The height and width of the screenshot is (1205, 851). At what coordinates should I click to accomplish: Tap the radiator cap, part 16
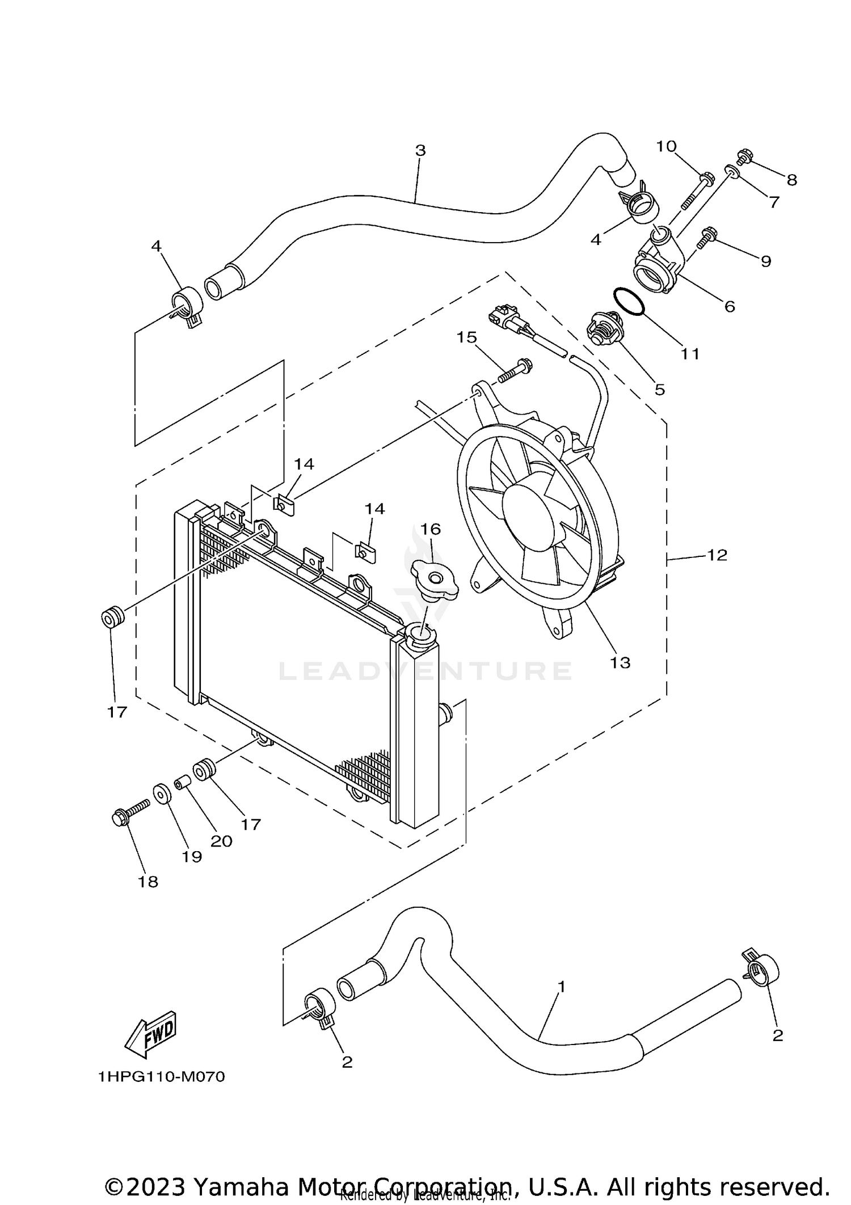coord(434,579)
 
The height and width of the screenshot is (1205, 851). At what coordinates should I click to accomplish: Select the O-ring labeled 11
coord(629,301)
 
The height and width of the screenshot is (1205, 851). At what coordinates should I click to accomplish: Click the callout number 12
coord(717,555)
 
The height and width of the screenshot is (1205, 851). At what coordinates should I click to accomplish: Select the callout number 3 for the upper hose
coord(420,151)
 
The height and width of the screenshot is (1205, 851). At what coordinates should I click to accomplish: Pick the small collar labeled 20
coord(182,784)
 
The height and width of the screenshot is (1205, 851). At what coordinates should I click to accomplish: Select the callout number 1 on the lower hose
coord(561,987)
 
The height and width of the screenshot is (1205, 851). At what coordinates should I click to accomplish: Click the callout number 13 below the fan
coord(620,662)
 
